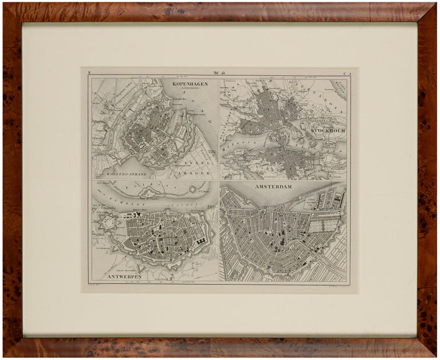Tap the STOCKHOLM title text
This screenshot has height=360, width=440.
328,130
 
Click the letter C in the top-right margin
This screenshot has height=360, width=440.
344,73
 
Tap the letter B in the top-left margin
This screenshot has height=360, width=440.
90,73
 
